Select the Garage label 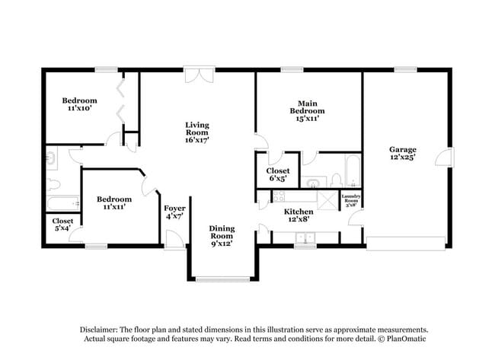(x=403, y=150)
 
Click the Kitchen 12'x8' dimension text (x=299, y=220)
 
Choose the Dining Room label (x=222, y=232)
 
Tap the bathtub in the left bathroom (x=62, y=203)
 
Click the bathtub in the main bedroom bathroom (x=352, y=170)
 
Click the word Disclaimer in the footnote (x=101, y=328)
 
